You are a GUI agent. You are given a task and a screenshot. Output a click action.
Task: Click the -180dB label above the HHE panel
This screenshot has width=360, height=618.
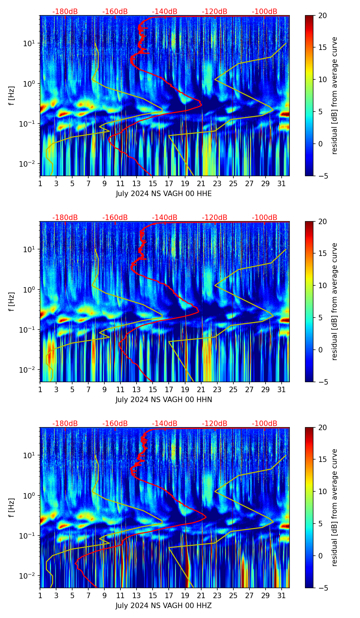65,12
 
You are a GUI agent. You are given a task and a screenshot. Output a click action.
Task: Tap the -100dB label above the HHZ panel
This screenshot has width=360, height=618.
265,424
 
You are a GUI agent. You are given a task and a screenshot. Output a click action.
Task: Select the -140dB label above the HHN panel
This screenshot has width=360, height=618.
165,218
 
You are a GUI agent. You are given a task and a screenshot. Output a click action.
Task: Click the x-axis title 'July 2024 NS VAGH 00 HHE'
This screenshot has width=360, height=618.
164,194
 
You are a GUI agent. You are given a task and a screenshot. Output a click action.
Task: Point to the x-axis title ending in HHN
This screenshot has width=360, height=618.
164,400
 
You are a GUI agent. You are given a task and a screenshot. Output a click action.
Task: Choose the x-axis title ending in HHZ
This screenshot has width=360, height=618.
164,606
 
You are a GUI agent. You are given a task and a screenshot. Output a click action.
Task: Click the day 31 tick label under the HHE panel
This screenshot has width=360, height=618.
281,184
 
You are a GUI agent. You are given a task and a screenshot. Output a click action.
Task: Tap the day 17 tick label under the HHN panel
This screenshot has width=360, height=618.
169,390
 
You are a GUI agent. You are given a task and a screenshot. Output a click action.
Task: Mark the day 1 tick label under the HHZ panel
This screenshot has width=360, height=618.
40,596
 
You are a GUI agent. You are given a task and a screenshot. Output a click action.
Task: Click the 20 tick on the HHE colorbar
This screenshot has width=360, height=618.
322,16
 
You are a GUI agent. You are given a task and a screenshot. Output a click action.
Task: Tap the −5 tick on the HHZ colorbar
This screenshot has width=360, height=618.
322,588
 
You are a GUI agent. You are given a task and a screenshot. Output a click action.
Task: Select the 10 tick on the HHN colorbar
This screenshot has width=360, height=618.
322,285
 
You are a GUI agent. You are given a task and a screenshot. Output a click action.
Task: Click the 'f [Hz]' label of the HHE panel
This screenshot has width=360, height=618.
12,96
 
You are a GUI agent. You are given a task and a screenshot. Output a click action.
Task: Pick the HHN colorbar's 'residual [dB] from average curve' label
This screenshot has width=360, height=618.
335,301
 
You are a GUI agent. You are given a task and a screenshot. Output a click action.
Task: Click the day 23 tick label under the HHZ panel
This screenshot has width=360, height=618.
217,596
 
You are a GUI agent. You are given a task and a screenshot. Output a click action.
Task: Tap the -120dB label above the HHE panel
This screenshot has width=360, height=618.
215,12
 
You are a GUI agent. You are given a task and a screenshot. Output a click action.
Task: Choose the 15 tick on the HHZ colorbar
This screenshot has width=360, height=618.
322,459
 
